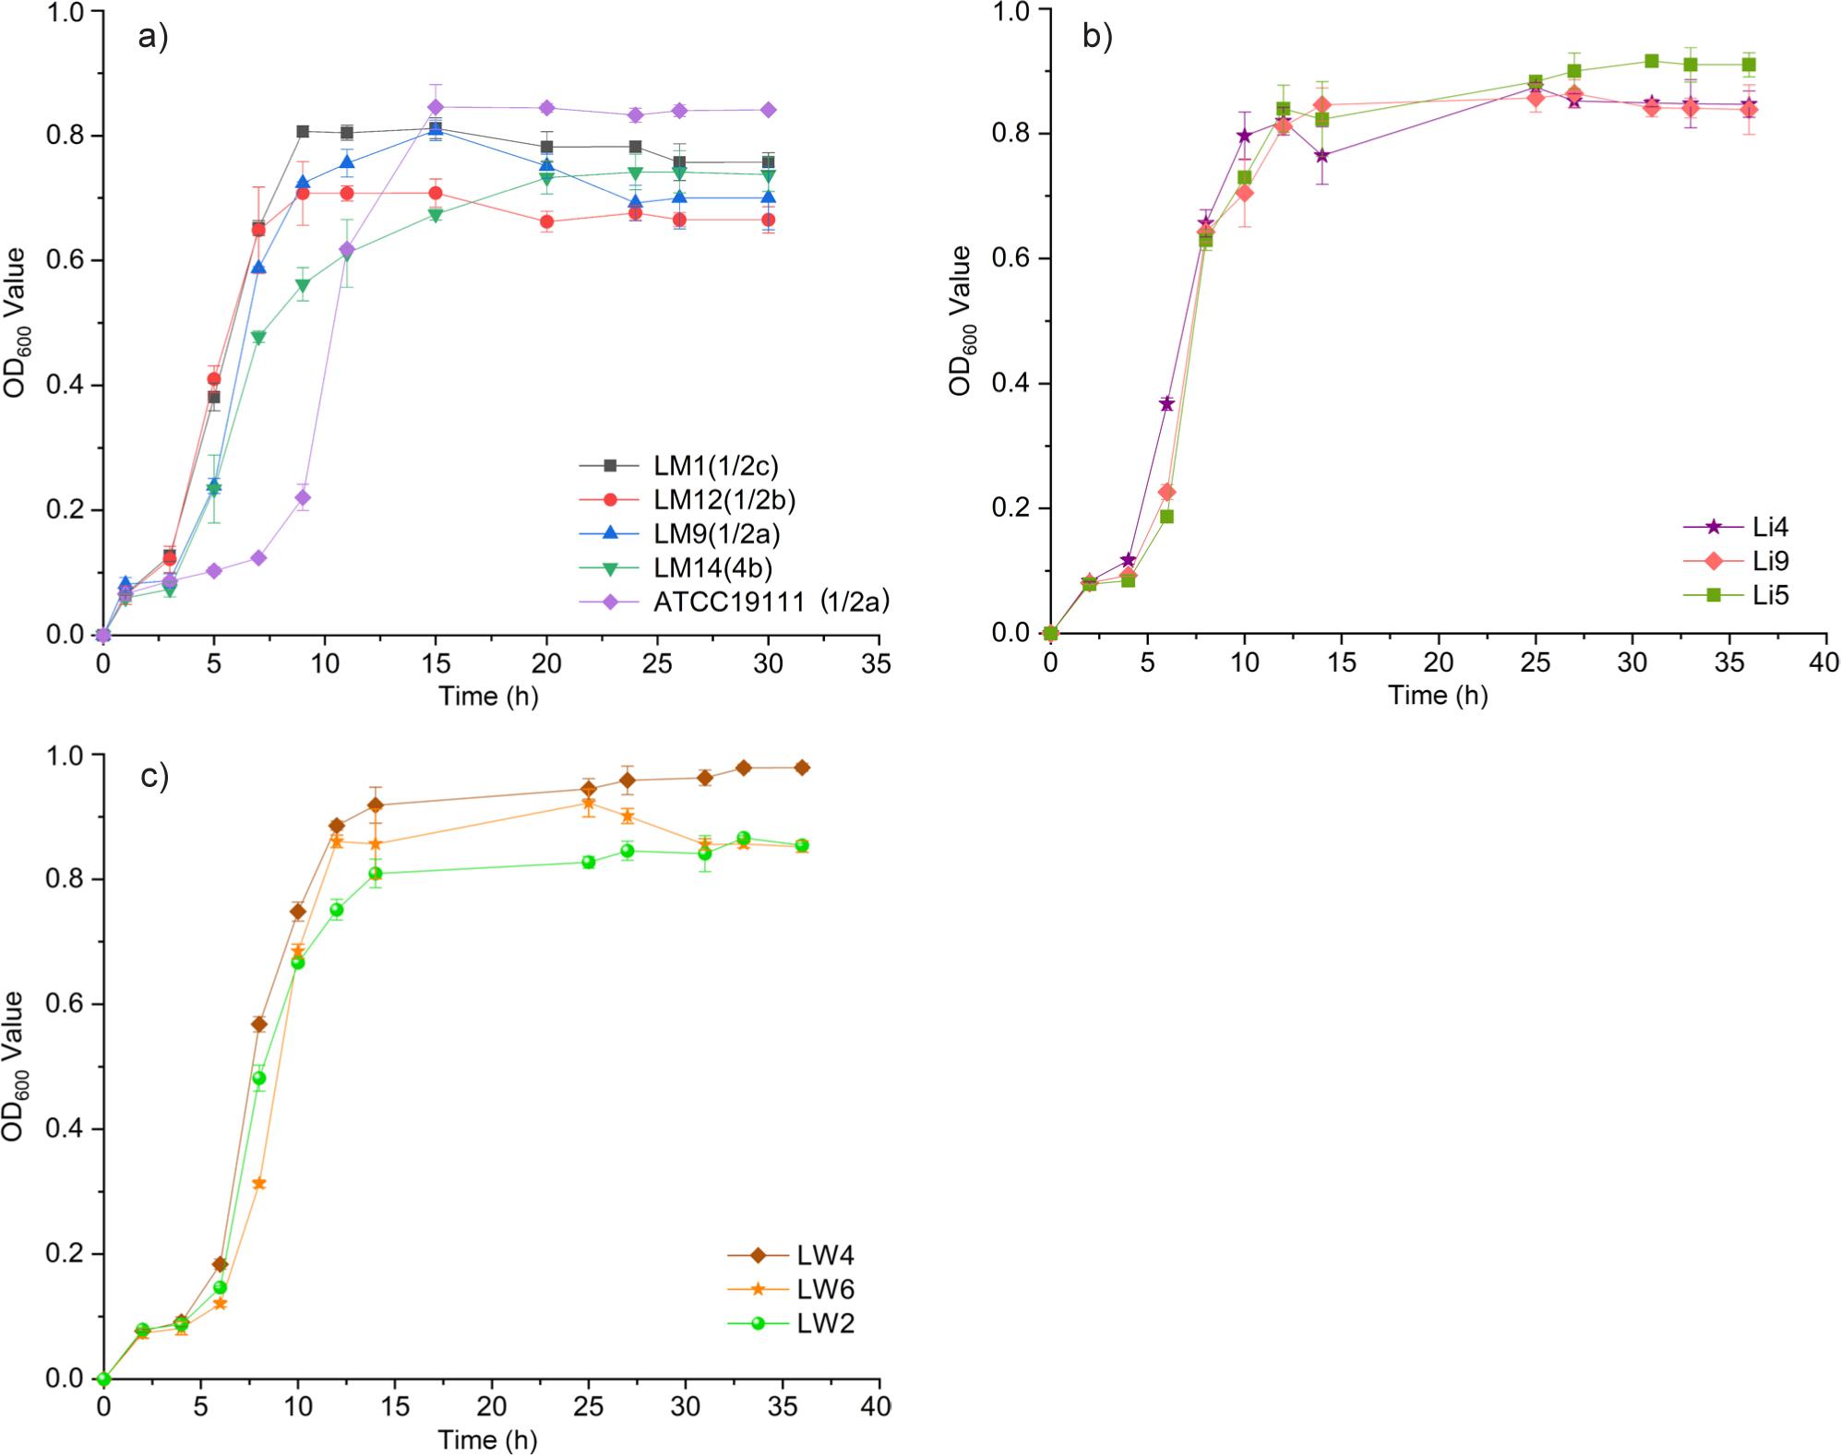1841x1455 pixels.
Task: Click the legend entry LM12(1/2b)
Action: click(x=723, y=499)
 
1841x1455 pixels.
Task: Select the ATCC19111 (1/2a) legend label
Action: click(x=771, y=602)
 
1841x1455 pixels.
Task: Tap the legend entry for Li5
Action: click(x=1770, y=595)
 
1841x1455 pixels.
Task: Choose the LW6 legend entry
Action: click(x=825, y=1289)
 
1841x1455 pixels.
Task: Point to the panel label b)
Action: click(x=1097, y=36)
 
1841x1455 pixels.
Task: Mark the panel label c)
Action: click(x=154, y=776)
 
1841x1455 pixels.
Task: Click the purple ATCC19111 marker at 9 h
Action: click(x=303, y=497)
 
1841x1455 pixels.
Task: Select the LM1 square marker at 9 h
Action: click(x=303, y=131)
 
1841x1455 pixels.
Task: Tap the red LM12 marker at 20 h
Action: click(x=546, y=221)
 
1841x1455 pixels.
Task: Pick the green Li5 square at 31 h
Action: click(x=1652, y=61)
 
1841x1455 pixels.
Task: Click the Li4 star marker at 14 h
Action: click(x=1321, y=155)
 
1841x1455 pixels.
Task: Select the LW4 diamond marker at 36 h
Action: click(x=802, y=768)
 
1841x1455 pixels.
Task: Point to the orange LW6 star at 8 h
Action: click(x=259, y=1183)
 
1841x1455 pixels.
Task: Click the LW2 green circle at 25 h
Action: click(x=589, y=862)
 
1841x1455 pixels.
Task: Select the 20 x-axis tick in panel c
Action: click(x=491, y=1406)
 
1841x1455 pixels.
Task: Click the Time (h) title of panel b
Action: click(x=1438, y=696)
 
